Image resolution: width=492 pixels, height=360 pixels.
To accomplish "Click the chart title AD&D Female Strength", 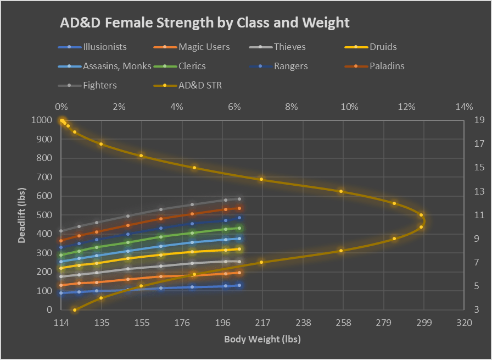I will click(204, 23).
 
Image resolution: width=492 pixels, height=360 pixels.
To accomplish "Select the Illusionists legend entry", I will click(104, 47).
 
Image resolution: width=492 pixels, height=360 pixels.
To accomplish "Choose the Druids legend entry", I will click(383, 47).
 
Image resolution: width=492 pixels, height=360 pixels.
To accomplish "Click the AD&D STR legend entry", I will click(200, 85).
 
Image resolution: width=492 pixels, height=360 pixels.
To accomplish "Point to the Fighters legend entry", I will click(99, 85).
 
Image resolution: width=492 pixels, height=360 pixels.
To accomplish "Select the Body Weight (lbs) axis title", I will click(262, 339).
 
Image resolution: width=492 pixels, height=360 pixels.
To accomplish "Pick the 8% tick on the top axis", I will click(291, 107).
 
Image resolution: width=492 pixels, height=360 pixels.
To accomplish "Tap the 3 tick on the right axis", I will click(476, 309).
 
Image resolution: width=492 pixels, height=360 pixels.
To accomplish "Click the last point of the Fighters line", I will click(239, 199).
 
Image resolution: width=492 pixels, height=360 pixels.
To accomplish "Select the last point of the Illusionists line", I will click(239, 285).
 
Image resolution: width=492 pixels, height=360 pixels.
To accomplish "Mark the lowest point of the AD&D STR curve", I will click(75, 309).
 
